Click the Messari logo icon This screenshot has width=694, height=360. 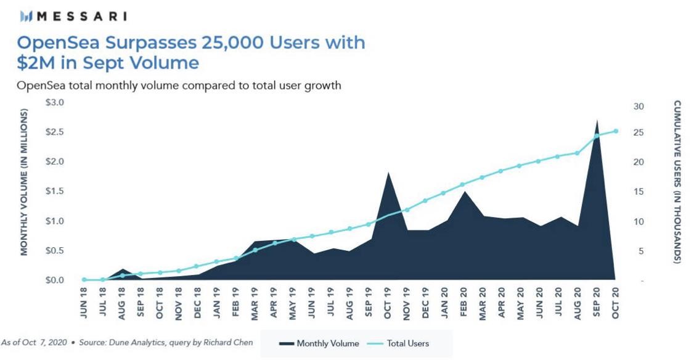click(x=26, y=16)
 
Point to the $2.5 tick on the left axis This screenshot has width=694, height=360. click(x=55, y=132)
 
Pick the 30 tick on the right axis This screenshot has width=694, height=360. click(x=639, y=107)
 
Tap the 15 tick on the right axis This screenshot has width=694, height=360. click(x=639, y=192)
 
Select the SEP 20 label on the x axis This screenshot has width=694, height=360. click(x=597, y=303)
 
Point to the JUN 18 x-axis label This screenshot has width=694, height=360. click(x=84, y=303)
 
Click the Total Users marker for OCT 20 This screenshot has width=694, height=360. click(x=615, y=131)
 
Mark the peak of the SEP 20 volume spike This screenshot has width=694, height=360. click(x=597, y=121)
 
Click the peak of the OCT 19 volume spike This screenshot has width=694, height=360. click(x=388, y=173)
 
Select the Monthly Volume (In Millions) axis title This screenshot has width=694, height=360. click(x=25, y=182)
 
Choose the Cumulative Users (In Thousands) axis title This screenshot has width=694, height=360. click(x=677, y=182)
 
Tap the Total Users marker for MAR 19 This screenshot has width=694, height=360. click(x=255, y=250)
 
